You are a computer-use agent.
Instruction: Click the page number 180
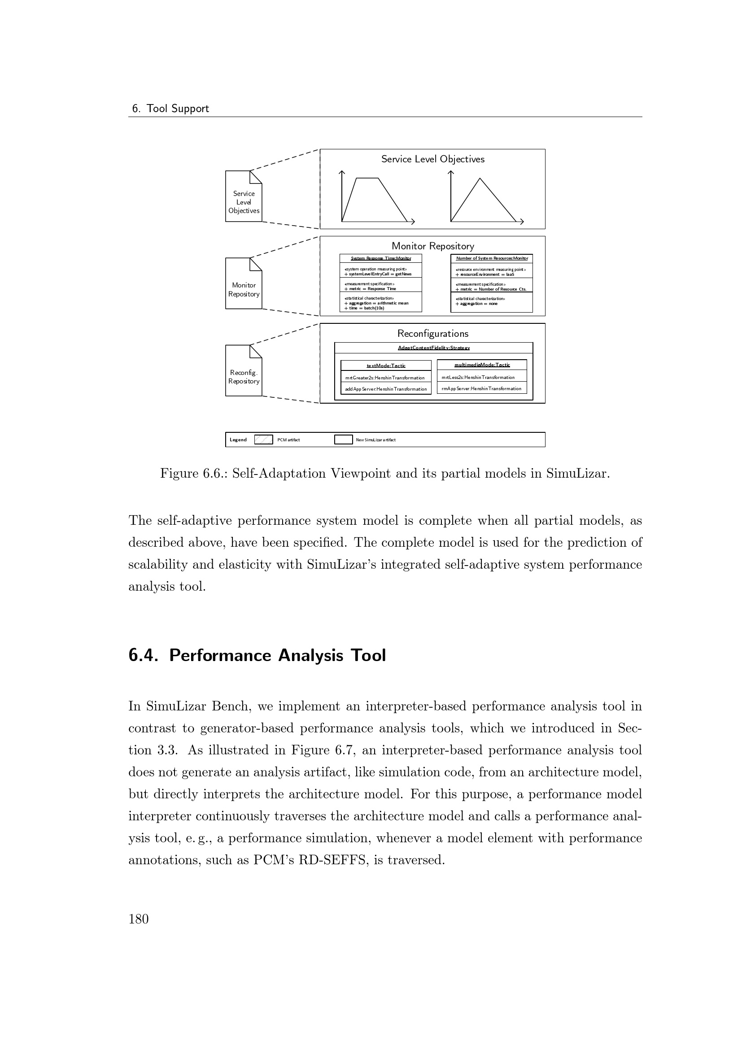click(x=139, y=919)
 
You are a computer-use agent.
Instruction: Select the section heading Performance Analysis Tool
click(x=257, y=655)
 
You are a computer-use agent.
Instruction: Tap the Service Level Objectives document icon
click(x=244, y=196)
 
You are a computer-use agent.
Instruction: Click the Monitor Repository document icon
click(x=244, y=284)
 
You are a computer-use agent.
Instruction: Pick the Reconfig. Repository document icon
click(x=244, y=371)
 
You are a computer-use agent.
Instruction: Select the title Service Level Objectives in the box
click(x=432, y=159)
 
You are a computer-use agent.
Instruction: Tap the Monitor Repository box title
click(x=432, y=246)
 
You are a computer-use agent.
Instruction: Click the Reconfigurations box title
click(x=432, y=334)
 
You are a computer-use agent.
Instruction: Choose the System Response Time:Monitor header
click(x=380, y=259)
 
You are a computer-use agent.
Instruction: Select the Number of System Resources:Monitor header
click(x=492, y=259)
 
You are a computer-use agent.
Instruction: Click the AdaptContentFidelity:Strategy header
click(x=434, y=348)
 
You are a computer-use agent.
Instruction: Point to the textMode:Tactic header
click(x=386, y=366)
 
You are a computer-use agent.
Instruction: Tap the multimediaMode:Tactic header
click(x=482, y=365)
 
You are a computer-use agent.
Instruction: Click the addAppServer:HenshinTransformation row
click(x=386, y=389)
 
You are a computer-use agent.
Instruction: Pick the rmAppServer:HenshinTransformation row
click(x=482, y=388)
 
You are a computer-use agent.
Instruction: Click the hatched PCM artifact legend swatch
click(x=263, y=440)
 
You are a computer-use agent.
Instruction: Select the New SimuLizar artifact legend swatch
click(x=343, y=440)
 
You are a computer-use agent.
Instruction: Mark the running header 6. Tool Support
click(x=170, y=109)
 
